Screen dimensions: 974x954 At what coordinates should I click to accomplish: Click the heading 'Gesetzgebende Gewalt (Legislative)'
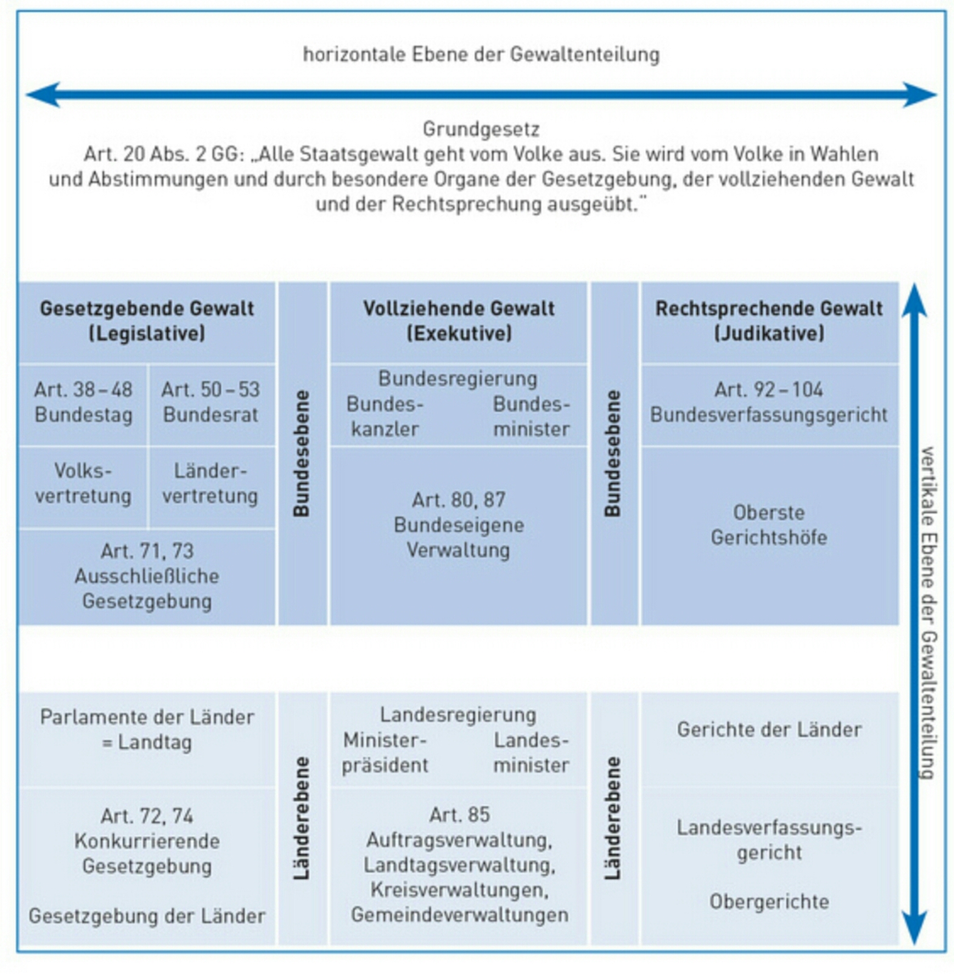coord(147,321)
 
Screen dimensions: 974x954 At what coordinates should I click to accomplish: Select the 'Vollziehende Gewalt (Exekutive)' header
coord(459,321)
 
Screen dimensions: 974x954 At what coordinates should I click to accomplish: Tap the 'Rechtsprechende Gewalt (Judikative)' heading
coord(769,321)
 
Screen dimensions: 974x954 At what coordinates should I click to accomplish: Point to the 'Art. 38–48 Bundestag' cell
coord(83,402)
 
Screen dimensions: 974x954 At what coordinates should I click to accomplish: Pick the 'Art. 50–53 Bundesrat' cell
coord(211,402)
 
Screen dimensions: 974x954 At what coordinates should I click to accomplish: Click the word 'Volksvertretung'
coord(83,483)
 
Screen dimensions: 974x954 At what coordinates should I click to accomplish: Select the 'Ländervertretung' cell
coord(211,483)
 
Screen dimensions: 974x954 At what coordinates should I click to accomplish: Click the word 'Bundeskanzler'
coord(385,416)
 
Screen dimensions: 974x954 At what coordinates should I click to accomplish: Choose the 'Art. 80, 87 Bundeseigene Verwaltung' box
coord(459,525)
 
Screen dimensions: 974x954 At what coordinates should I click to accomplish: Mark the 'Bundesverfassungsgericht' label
coord(769,415)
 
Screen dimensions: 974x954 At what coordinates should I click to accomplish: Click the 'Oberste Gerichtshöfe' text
coord(769,525)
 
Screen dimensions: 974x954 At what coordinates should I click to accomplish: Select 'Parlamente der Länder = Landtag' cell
coord(147,729)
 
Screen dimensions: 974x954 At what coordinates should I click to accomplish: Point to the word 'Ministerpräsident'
coord(385,753)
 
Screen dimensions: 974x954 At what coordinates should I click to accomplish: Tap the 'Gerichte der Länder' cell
coord(769,729)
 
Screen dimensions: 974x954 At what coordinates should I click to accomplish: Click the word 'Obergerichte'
coord(769,902)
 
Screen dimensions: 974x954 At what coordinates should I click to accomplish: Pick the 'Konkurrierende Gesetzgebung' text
coord(147,853)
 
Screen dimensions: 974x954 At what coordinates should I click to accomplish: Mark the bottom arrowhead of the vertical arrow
coord(914,928)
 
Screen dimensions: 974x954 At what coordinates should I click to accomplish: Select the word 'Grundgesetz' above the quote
coord(481,129)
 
